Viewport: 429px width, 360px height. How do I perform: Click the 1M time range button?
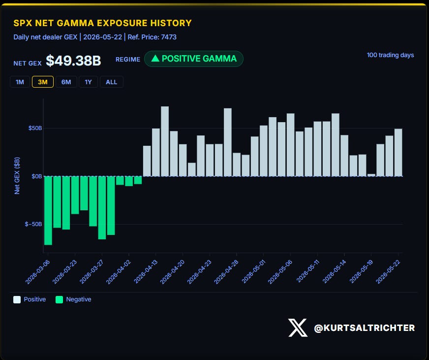20,82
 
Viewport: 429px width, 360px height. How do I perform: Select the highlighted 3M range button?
43,82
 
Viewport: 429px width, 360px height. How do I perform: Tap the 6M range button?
66,82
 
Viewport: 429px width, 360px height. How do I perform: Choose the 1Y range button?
88,82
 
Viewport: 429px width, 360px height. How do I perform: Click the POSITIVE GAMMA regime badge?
194,59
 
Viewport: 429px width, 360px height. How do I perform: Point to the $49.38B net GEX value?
73,61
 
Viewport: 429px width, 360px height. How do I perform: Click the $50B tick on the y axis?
35,128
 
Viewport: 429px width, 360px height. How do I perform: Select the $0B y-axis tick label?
37,176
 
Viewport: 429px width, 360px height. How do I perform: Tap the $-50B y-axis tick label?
33,224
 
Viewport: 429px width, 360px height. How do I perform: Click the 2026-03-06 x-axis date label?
38,272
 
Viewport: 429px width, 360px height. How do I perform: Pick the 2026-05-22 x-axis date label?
388,272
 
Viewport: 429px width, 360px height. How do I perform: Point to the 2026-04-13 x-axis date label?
146,272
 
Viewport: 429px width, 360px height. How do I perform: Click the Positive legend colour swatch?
17,299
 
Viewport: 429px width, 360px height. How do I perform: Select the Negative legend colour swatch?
60,299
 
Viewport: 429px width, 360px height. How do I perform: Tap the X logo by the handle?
298,327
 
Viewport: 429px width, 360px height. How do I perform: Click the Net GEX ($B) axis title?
17,176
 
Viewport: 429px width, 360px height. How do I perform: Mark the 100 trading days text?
391,55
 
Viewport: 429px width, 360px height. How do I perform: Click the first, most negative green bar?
48,210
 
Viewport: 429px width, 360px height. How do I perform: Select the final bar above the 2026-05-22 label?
398,152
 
